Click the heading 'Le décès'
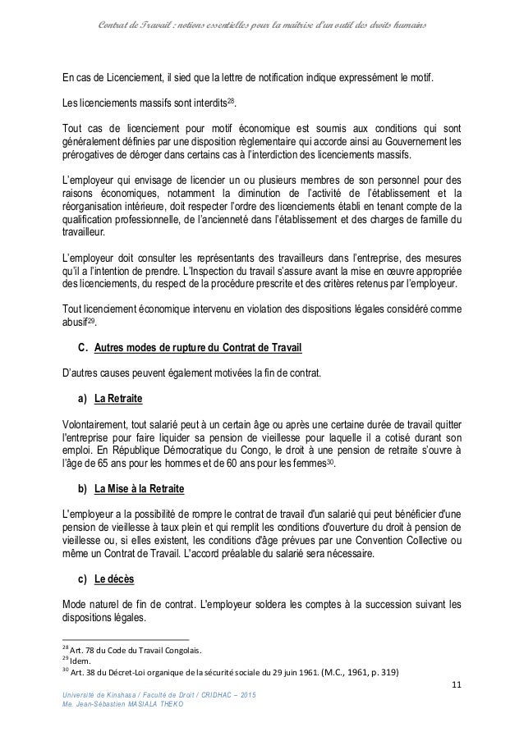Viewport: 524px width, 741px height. point(115,578)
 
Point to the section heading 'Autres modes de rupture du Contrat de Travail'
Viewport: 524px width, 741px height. point(199,349)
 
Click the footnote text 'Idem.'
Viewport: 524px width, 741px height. point(80,658)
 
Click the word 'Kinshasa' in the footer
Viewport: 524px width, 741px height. point(121,696)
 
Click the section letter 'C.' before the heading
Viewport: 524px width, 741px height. point(81,349)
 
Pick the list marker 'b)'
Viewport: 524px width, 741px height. point(81,488)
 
